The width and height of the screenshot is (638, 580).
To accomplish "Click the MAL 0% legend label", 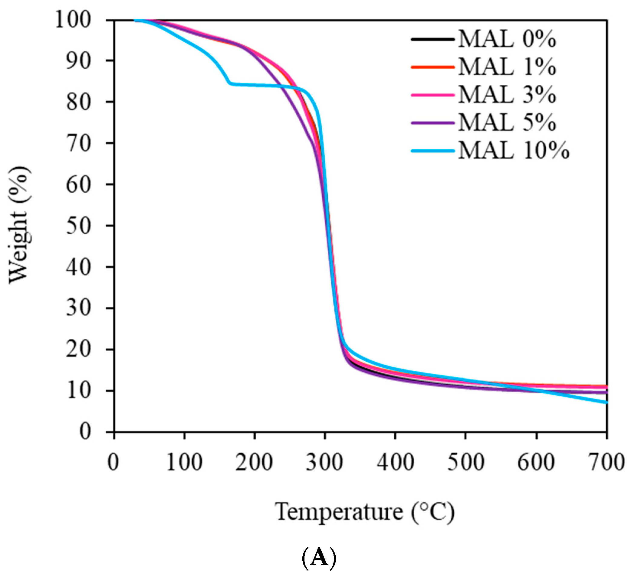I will (x=507, y=39).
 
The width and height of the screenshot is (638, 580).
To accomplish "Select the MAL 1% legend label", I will (x=507, y=67).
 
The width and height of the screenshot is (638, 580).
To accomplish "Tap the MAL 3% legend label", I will (x=507, y=95).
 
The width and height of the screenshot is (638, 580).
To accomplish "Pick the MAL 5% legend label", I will (x=507, y=122).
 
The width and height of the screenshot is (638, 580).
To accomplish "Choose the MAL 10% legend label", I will (x=513, y=150).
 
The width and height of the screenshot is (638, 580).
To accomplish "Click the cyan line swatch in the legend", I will (x=432, y=151).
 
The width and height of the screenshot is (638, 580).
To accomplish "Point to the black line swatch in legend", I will (x=432, y=40).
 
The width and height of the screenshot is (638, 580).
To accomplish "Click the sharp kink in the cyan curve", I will (x=229, y=83).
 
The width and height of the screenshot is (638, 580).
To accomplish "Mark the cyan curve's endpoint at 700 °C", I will (x=606, y=402).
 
